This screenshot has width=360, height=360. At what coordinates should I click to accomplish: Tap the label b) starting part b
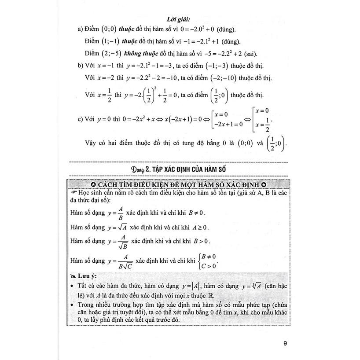81,66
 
